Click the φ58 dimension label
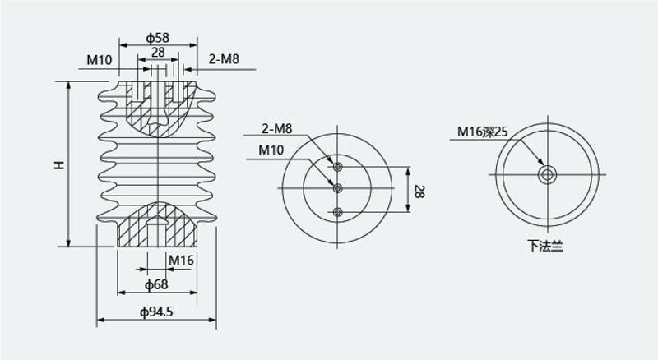(x=157, y=38)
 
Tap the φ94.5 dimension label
(x=156, y=312)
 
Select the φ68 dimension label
(x=156, y=285)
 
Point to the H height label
(x=59, y=164)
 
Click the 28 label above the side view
(x=158, y=53)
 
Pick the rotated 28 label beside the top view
(x=419, y=191)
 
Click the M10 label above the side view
(x=100, y=60)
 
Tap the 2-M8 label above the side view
(x=224, y=59)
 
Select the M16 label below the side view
(x=181, y=261)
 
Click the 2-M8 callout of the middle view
(x=276, y=129)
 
